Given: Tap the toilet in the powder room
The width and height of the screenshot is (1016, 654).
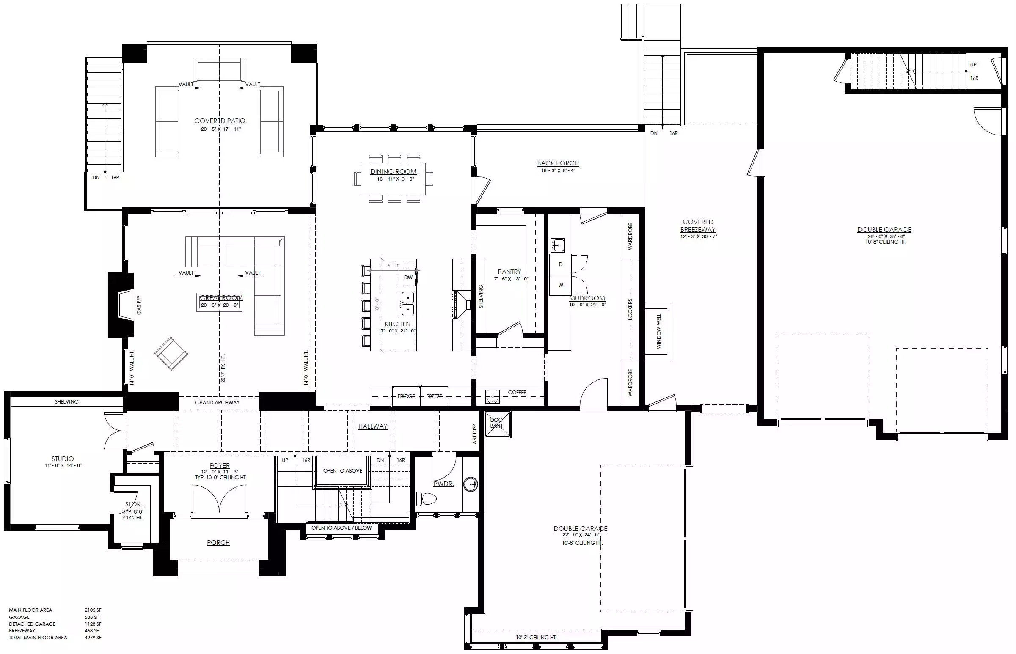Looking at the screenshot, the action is pyautogui.click(x=426, y=498).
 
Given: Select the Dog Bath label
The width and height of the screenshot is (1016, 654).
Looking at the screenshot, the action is pyautogui.click(x=496, y=423).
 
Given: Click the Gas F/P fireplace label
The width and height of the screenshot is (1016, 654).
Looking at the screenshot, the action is pyautogui.click(x=139, y=305).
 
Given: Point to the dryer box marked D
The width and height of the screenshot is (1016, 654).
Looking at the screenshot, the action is pyautogui.click(x=560, y=264).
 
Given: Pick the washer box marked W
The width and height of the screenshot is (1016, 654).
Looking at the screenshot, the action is pyautogui.click(x=560, y=286).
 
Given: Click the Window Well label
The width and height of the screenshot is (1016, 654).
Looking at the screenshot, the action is pyautogui.click(x=659, y=332).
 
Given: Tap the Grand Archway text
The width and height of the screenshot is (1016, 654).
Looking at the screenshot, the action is pyautogui.click(x=217, y=403).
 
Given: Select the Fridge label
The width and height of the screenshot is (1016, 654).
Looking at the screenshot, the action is pyautogui.click(x=406, y=396).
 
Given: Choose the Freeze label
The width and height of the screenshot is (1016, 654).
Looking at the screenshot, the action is pyautogui.click(x=434, y=396).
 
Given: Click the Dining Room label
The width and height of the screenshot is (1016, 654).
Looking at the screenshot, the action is pyautogui.click(x=393, y=172).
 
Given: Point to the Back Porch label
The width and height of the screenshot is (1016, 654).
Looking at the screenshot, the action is pyautogui.click(x=558, y=163).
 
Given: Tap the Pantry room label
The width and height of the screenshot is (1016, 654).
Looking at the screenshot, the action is pyautogui.click(x=509, y=272).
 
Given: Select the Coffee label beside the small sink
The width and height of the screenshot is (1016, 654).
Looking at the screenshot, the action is pyautogui.click(x=517, y=393).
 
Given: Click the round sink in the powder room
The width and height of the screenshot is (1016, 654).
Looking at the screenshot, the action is pyautogui.click(x=471, y=484).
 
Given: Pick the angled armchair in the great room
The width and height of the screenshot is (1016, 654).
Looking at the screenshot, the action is pyautogui.click(x=171, y=353).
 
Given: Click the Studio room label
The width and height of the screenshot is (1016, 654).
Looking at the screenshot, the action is pyautogui.click(x=63, y=459).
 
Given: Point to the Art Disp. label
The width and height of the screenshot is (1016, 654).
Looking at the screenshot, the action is pyautogui.click(x=475, y=434).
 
